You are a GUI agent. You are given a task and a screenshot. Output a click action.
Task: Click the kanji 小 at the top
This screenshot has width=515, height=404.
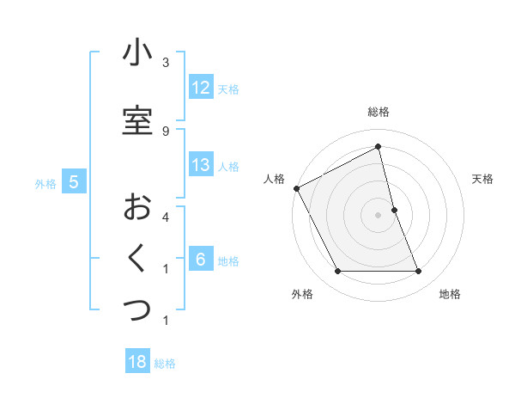(137, 53)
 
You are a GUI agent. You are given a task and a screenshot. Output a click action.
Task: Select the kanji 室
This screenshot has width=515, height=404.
(137, 120)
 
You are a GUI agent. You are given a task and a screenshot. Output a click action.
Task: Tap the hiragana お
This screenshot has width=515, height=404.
(137, 207)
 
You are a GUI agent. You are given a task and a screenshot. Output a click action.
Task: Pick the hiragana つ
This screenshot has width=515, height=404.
(137, 309)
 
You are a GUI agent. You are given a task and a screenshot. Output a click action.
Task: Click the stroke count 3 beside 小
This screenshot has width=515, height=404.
(166, 63)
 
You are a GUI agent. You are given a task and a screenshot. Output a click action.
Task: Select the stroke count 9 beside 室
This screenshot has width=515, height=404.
(166, 131)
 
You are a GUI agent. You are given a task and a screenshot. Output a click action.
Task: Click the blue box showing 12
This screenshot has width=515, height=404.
(201, 89)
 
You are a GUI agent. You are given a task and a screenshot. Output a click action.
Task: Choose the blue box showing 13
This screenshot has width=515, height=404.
(201, 166)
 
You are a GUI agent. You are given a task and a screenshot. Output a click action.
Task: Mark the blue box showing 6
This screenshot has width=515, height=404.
(201, 260)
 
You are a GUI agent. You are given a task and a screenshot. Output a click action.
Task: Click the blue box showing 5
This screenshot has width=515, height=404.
(74, 182)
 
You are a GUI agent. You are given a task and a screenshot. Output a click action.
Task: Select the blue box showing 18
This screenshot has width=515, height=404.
(137, 363)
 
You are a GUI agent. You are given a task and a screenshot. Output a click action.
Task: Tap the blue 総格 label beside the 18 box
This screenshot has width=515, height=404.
(166, 364)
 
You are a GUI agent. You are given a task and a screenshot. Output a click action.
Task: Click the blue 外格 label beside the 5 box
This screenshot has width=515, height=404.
(45, 183)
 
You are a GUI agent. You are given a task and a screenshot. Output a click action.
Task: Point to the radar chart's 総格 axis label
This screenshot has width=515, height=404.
(379, 112)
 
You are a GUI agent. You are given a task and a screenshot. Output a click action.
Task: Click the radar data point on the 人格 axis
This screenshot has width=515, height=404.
(296, 188)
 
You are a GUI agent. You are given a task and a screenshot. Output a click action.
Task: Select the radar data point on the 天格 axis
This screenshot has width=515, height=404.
(394, 210)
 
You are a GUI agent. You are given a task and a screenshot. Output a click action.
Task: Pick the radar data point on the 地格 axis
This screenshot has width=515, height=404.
(419, 272)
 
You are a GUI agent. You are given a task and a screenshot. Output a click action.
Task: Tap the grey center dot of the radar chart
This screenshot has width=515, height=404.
(379, 215)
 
